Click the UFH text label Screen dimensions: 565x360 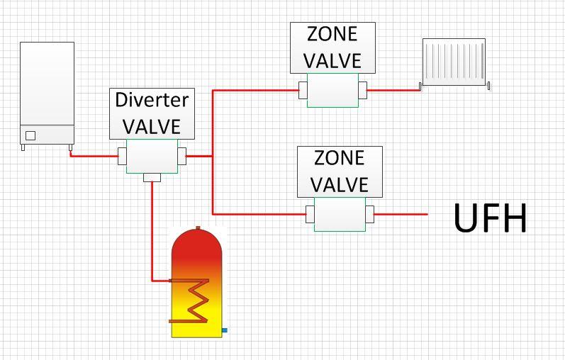pyautogui.click(x=490, y=218)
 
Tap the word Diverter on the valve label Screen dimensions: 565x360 pyautogui.click(x=152, y=100)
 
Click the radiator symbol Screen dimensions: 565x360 pyautogui.click(x=454, y=63)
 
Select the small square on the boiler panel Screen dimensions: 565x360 pyautogui.click(x=30, y=135)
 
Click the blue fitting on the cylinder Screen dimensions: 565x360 pyautogui.click(x=225, y=330)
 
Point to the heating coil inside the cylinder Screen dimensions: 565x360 pyautogui.click(x=189, y=300)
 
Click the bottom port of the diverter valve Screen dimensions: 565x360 pyautogui.click(x=152, y=177)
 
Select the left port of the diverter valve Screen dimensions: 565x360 pyautogui.click(x=122, y=156)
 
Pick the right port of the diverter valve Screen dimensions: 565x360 pyautogui.click(x=182, y=156)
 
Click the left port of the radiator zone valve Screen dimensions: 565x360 pyautogui.click(x=303, y=90)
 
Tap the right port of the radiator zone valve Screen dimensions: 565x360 pyautogui.click(x=363, y=90)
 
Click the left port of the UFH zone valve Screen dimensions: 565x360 pyautogui.click(x=311, y=215)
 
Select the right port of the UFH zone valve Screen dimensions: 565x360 pyautogui.click(x=370, y=215)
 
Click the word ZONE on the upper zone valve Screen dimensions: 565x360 pyautogui.click(x=332, y=34)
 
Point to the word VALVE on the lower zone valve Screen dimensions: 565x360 pyautogui.click(x=340, y=184)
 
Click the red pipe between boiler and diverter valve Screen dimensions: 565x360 pyautogui.click(x=94, y=155)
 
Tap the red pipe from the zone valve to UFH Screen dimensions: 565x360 pyautogui.click(x=401, y=214)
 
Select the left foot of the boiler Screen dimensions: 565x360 pyautogui.click(x=23, y=147)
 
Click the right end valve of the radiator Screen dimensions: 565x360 pyautogui.click(x=488, y=86)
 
